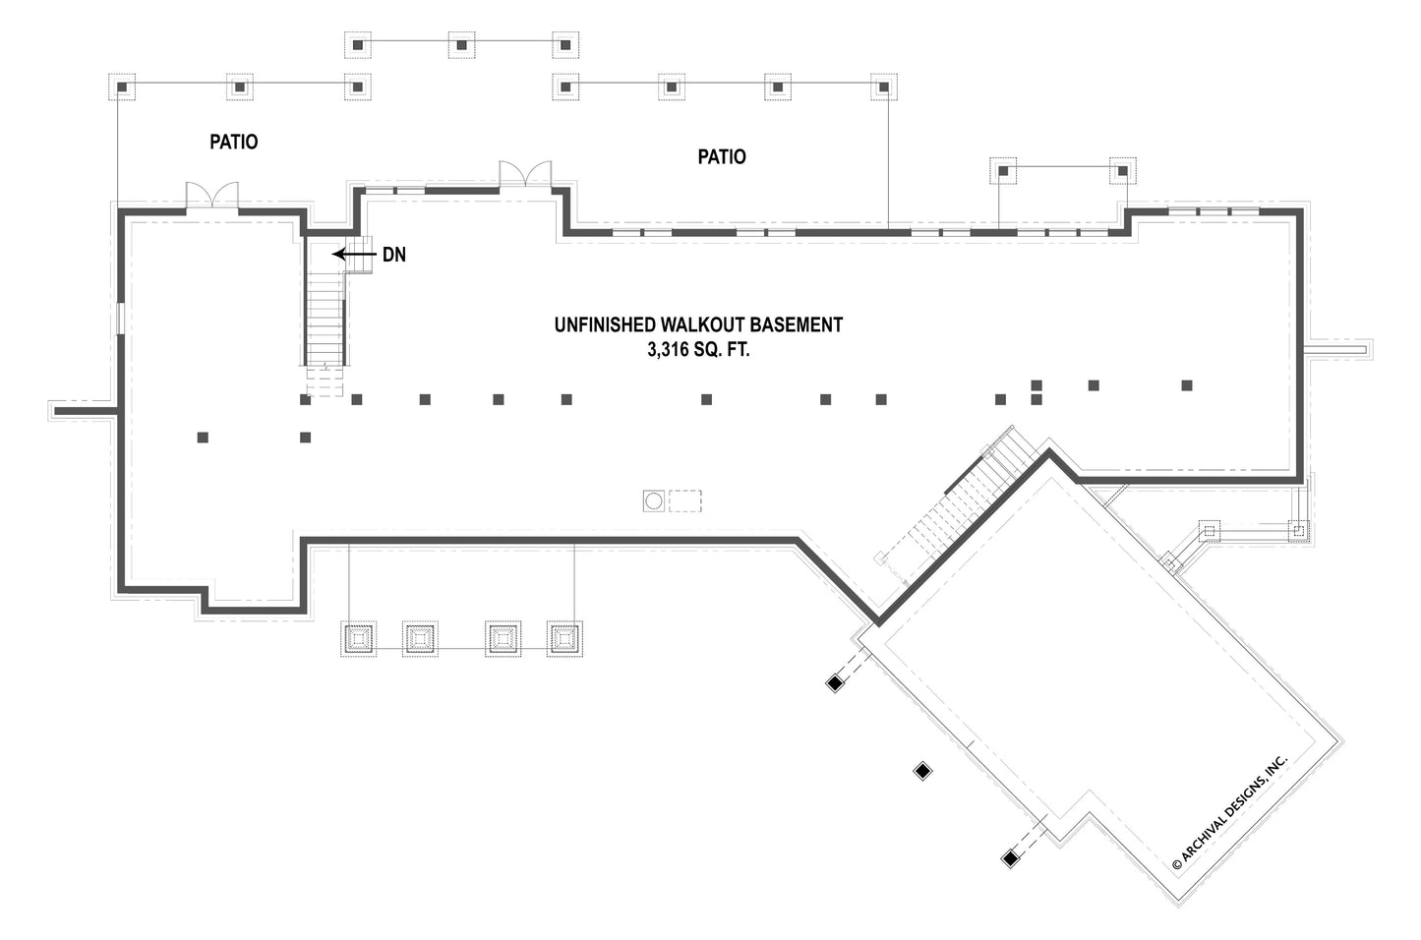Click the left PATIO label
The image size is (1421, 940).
(x=234, y=143)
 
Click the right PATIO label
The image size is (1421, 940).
(x=722, y=157)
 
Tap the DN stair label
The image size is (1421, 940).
(x=394, y=255)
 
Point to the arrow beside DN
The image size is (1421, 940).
(x=354, y=255)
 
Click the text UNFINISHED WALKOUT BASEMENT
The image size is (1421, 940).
(x=698, y=324)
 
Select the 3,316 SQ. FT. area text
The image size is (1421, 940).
(x=698, y=349)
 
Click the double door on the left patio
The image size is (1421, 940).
(x=212, y=195)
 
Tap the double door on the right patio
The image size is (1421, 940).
(x=525, y=175)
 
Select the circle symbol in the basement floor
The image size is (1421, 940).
(x=654, y=501)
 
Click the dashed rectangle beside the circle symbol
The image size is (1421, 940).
(x=685, y=501)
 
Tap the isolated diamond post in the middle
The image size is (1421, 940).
(x=922, y=771)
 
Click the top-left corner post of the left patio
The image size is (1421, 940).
(x=121, y=88)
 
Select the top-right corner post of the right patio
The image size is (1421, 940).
(x=883, y=88)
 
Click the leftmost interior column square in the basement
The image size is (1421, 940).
(x=203, y=438)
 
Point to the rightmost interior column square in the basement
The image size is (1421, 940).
(x=1187, y=384)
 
